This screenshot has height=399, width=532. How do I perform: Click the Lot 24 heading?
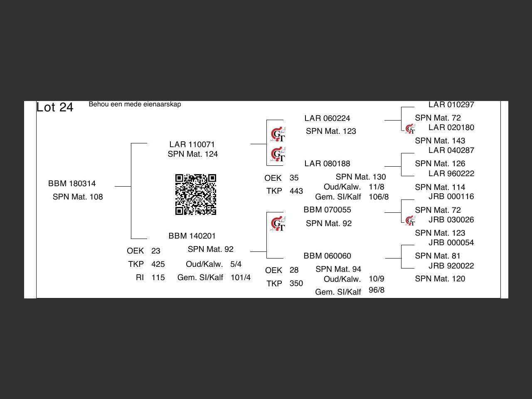pyautogui.click(x=55, y=107)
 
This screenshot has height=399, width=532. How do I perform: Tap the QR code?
pyautogui.click(x=195, y=195)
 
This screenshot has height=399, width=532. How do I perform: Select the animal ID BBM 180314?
pyautogui.click(x=72, y=184)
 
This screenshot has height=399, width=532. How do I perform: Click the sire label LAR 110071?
pyautogui.click(x=192, y=145)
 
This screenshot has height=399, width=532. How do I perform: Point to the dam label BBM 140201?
pyautogui.click(x=192, y=236)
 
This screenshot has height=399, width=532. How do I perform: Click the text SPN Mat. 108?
pyautogui.click(x=78, y=197)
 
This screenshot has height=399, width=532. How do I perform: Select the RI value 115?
pyautogui.click(x=158, y=278)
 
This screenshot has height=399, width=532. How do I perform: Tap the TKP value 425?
pyautogui.click(x=158, y=264)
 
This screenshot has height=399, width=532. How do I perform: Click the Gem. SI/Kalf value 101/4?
pyautogui.click(x=241, y=278)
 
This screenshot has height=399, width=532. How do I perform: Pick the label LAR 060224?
pyautogui.click(x=327, y=118)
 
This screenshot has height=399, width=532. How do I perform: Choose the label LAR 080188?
pyautogui.click(x=327, y=164)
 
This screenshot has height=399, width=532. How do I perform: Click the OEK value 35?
pyautogui.click(x=294, y=178)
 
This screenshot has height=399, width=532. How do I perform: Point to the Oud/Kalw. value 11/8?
pyautogui.click(x=376, y=187)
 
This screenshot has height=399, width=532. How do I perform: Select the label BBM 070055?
pyautogui.click(x=327, y=210)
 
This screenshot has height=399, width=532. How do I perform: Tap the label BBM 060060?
pyautogui.click(x=327, y=256)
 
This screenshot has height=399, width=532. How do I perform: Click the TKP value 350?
pyautogui.click(x=296, y=283)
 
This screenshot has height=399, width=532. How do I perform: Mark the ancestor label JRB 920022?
pyautogui.click(x=451, y=266)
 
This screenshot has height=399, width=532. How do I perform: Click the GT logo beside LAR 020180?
pyautogui.click(x=410, y=129)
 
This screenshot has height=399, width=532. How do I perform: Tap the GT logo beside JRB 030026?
pyautogui.click(x=410, y=221)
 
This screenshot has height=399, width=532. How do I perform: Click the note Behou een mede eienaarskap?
pyautogui.click(x=135, y=104)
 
